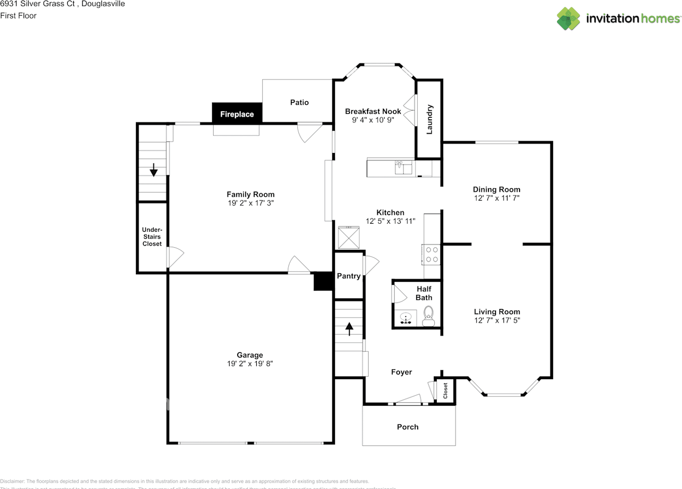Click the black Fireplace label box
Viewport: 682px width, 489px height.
[x=237, y=113]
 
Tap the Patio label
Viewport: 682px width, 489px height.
[x=299, y=102]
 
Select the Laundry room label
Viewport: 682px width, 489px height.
[x=429, y=119]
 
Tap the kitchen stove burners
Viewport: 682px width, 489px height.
[x=432, y=254]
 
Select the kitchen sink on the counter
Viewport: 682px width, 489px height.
[x=403, y=168]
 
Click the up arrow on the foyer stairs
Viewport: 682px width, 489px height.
[x=350, y=329]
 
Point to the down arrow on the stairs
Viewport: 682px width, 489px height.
[x=153, y=170]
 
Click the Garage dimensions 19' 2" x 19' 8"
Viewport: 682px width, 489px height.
[x=250, y=364]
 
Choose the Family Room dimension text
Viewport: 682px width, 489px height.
[x=250, y=203]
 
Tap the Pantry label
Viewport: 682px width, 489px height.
[x=348, y=276]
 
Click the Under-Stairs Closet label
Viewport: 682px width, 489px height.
[x=152, y=237]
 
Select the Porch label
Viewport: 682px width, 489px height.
[x=408, y=427]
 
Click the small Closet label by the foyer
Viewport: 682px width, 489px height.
[x=445, y=390]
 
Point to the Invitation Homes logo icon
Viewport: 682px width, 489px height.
[x=569, y=19]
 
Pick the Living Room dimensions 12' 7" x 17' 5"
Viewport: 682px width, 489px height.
[x=497, y=321]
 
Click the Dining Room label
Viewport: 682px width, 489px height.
[x=497, y=189]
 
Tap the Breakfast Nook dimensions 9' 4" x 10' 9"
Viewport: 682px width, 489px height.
[x=373, y=120]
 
